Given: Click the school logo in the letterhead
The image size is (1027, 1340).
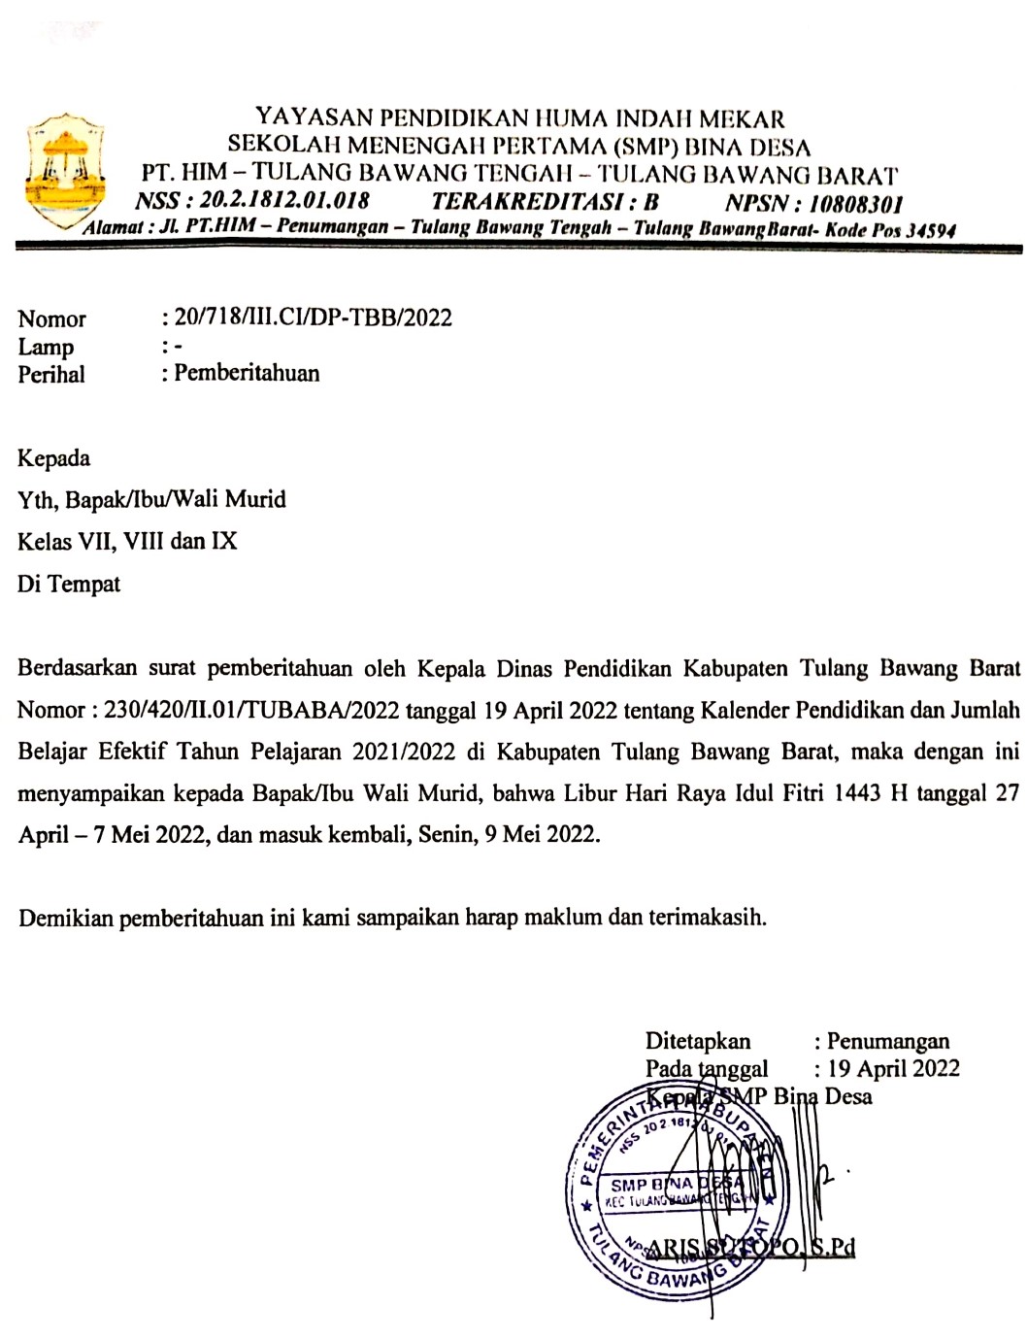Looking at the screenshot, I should click(65, 170).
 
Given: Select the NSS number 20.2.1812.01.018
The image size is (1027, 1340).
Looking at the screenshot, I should click(282, 202).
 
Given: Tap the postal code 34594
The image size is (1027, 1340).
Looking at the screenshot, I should click(928, 231).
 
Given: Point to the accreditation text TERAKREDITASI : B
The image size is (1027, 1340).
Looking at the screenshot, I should click(545, 203).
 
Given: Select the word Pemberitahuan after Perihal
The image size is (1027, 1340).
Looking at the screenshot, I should click(247, 373).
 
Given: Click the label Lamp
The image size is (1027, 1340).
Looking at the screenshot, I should click(46, 347).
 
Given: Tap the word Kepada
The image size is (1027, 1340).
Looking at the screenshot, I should click(53, 458).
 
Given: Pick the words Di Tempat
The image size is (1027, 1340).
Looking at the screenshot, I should click(69, 584).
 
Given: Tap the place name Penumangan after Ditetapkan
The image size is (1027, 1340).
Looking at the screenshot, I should click(887, 1042).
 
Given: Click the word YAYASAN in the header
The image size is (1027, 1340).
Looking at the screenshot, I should click(314, 119).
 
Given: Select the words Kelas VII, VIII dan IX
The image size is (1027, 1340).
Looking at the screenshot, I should click(127, 541).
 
